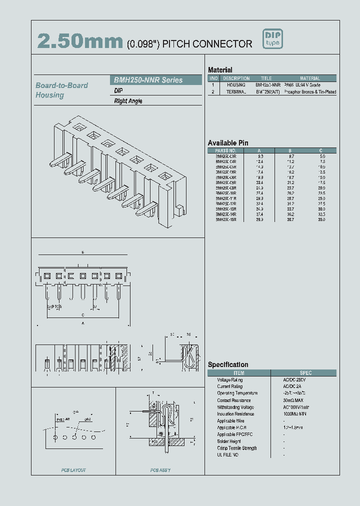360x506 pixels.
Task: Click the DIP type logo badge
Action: [273, 39]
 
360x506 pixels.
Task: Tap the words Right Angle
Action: [128, 101]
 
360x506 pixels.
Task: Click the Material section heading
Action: [220, 70]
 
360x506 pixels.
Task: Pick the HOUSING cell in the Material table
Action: [236, 85]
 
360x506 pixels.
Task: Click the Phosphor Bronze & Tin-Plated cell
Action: [310, 92]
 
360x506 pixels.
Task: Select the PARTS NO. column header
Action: [225, 150]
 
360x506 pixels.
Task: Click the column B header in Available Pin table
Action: [290, 150]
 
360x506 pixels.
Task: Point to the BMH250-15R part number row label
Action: [225, 219]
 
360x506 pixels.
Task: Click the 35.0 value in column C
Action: [321, 219]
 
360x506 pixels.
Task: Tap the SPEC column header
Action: [305, 373]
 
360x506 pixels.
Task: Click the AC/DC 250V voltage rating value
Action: [295, 380]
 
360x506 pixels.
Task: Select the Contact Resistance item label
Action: [233, 400]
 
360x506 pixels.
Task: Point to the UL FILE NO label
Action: [227, 455]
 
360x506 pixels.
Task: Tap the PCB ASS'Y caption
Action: [160, 470]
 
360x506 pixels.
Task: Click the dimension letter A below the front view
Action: [83, 323]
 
